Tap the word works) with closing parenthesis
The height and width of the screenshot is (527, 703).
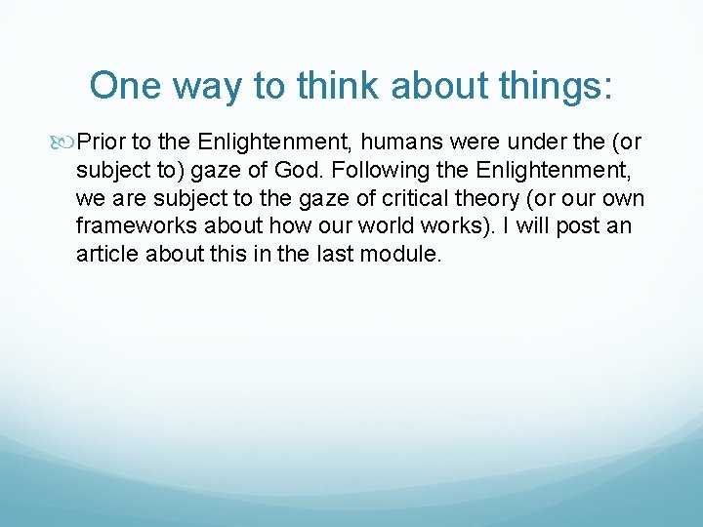[429, 227]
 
